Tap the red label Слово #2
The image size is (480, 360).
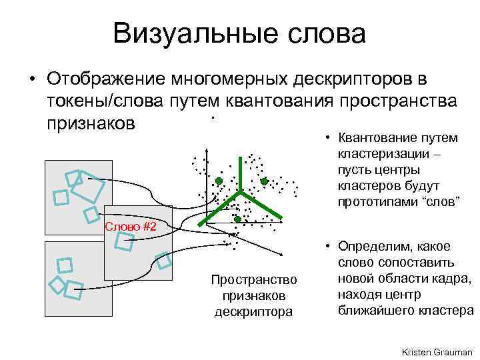(x=131, y=227)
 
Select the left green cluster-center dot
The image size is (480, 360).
(x=218, y=181)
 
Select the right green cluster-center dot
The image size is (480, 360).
(x=264, y=181)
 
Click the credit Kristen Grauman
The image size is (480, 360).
(x=437, y=351)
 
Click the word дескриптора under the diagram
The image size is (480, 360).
(x=253, y=311)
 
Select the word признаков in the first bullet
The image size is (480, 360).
(x=91, y=123)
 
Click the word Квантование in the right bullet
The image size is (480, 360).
(x=380, y=139)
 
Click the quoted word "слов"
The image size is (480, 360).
(x=439, y=201)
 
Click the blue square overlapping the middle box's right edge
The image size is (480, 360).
(x=164, y=262)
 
